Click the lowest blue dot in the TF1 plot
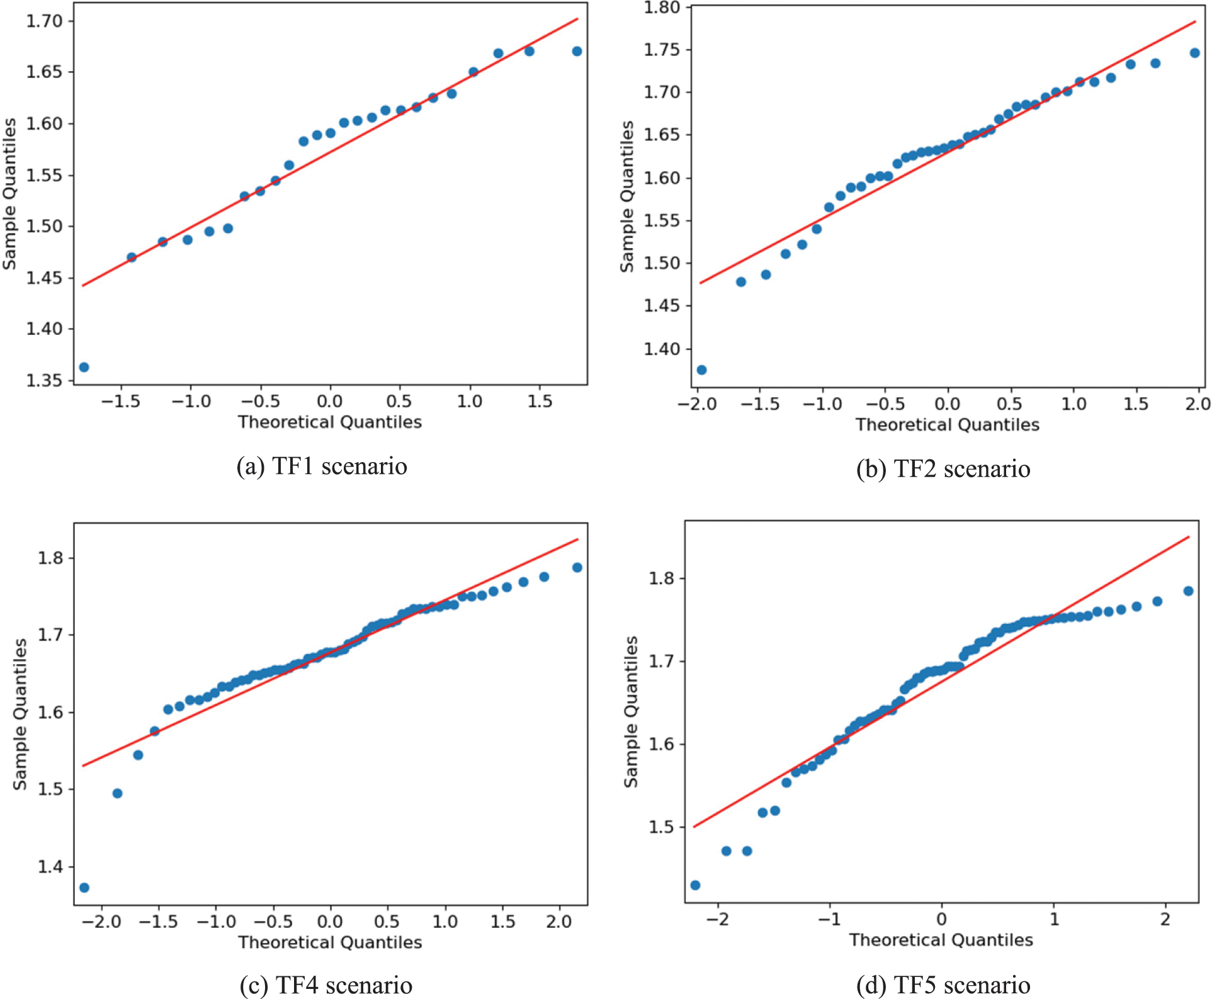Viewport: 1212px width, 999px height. tap(84, 367)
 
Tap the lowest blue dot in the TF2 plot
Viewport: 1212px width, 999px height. tap(701, 370)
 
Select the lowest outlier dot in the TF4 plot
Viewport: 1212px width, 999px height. tap(84, 888)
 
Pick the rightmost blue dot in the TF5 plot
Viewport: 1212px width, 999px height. tap(1188, 591)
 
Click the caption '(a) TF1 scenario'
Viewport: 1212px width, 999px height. tap(322, 466)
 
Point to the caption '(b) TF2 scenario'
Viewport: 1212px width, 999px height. tap(943, 469)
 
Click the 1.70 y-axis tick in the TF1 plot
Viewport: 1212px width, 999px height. tap(45, 21)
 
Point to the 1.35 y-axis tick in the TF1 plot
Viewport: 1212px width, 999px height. tap(45, 380)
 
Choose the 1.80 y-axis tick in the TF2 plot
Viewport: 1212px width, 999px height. tap(662, 8)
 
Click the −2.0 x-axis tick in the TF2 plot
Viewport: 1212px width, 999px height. tap(697, 404)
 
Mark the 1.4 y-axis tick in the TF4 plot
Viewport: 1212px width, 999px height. tap(50, 867)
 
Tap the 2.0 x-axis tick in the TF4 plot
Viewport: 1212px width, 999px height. tap(559, 922)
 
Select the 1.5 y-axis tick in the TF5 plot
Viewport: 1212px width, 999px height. tap(662, 827)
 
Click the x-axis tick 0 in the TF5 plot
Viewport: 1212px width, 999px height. tap(941, 919)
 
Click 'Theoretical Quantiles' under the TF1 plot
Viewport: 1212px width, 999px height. tap(329, 422)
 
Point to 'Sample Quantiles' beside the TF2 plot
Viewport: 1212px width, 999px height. tap(627, 196)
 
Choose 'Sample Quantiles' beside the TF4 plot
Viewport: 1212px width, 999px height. tap(20, 714)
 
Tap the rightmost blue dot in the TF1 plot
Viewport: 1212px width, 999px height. tap(577, 51)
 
